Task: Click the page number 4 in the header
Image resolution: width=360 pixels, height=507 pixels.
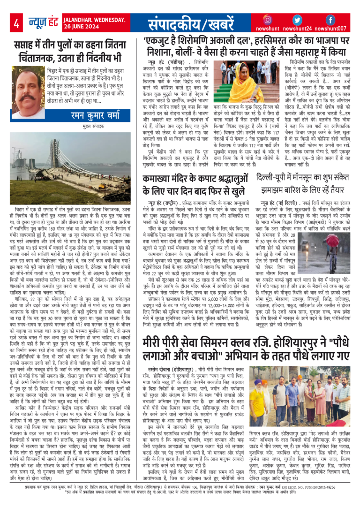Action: pyautogui.click(x=16, y=22)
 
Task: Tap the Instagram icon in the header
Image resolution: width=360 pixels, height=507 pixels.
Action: pyautogui.click(x=267, y=20)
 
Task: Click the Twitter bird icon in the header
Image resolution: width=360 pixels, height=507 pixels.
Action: pyautogui.click(x=297, y=20)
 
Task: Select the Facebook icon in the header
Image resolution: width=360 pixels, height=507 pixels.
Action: pyautogui.click(x=330, y=20)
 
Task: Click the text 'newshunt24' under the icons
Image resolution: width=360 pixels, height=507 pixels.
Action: pyautogui.click(x=298, y=29)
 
